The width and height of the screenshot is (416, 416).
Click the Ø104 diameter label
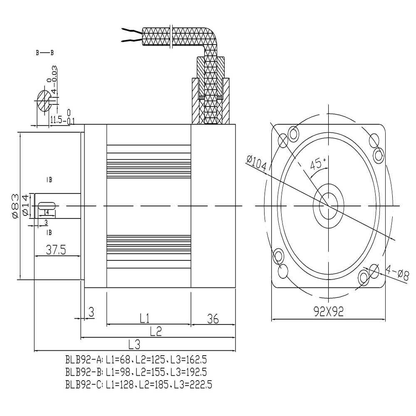tap(256, 163)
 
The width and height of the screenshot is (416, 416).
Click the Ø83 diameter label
tap(14, 206)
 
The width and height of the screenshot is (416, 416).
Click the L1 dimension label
tap(144, 319)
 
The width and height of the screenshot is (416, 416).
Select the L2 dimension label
tap(156, 331)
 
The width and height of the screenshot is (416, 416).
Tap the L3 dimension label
tap(134, 344)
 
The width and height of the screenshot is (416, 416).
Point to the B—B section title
tap(45, 53)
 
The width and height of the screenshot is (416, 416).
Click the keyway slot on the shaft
tap(47, 206)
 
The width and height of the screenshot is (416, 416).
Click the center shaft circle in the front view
tap(329, 206)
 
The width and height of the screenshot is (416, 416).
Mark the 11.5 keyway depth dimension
tap(56, 120)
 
